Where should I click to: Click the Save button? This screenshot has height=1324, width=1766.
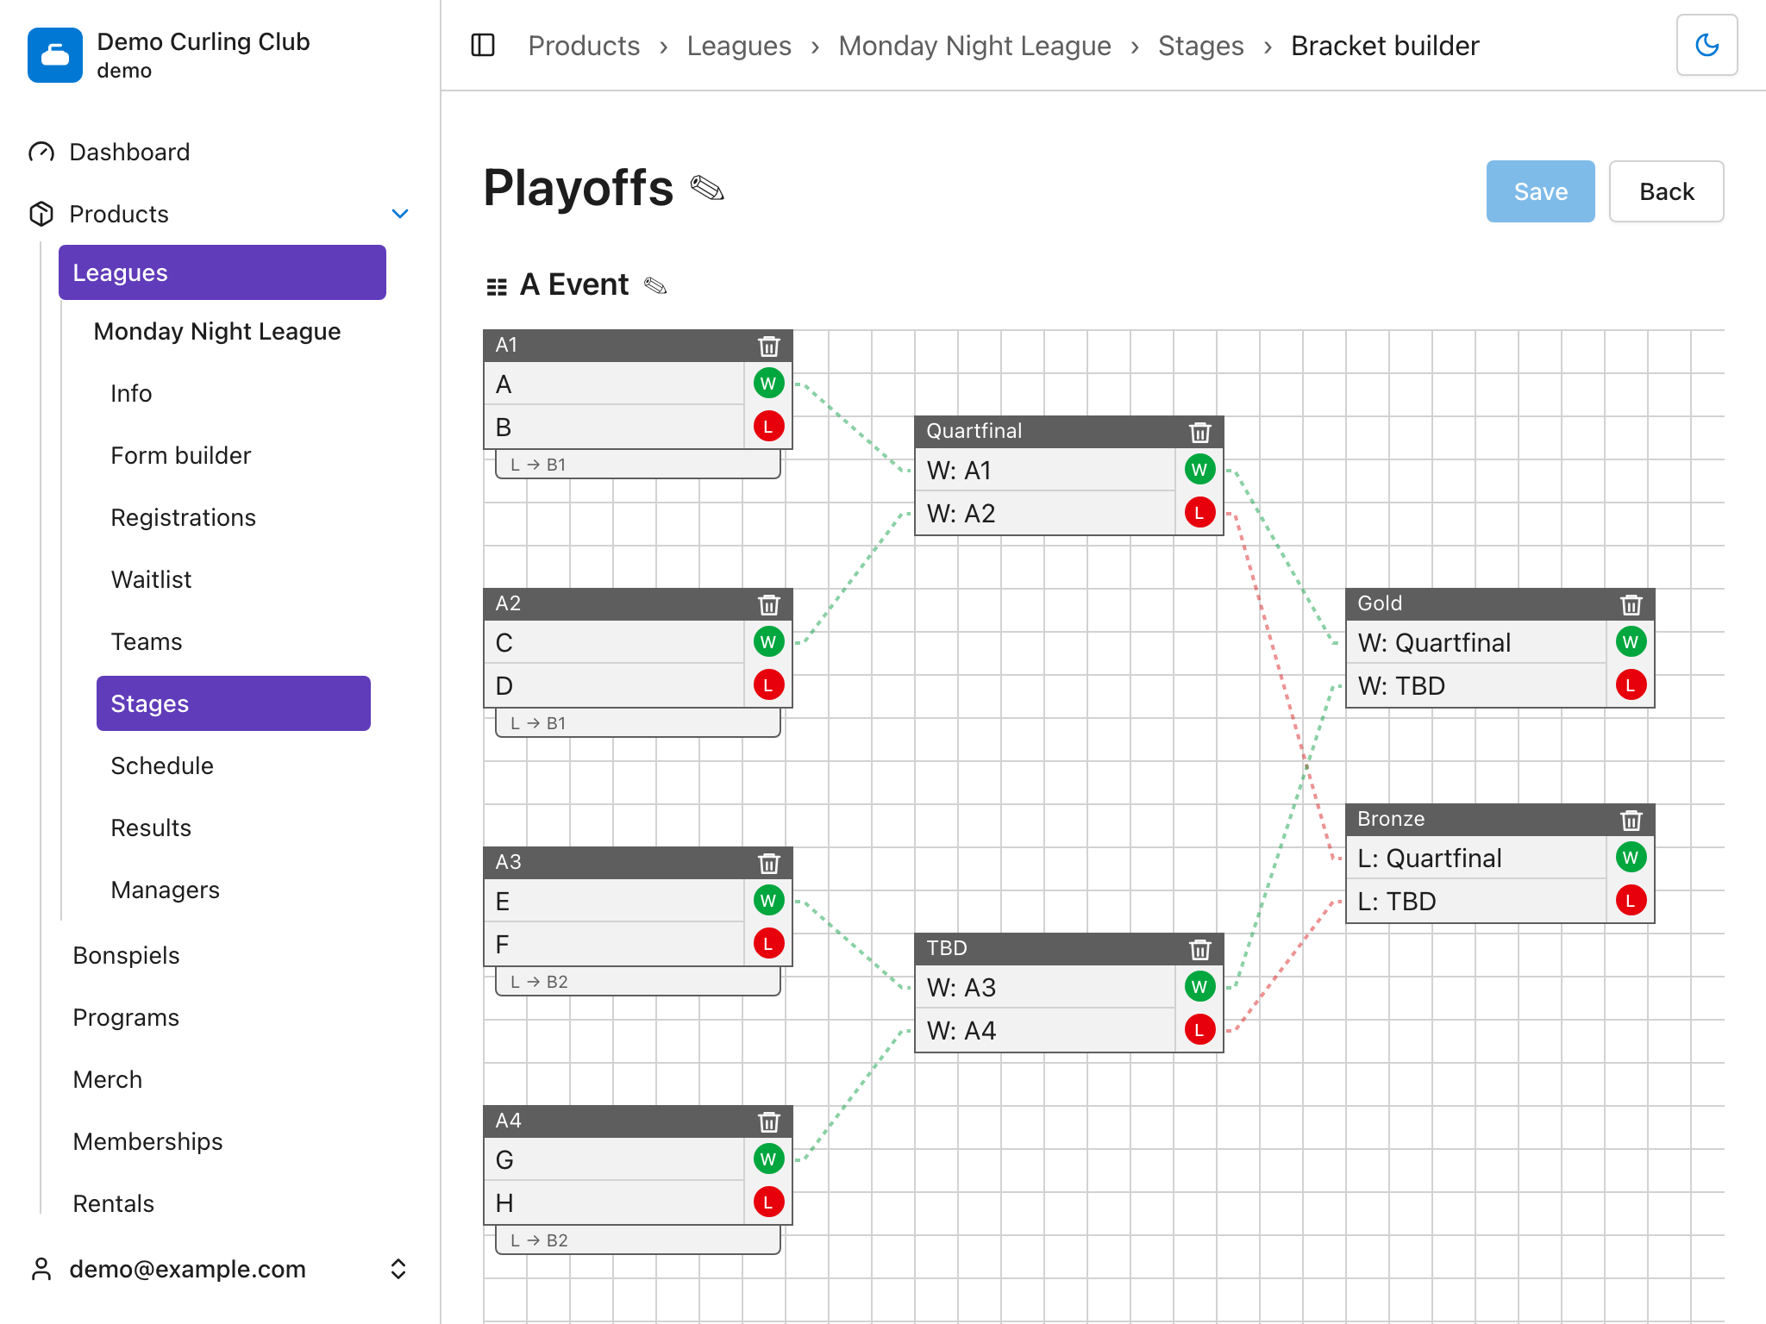(x=1540, y=191)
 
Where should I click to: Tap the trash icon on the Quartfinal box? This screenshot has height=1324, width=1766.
(x=1199, y=432)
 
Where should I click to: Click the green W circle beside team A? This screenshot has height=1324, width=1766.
(x=768, y=384)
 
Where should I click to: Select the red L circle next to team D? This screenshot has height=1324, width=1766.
(x=768, y=685)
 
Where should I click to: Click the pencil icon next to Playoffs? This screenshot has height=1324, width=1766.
(x=707, y=188)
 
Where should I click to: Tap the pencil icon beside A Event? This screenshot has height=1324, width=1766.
(x=655, y=285)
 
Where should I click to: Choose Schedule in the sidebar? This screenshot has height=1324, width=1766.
(x=162, y=765)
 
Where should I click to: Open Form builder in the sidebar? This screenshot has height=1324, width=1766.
(x=181, y=455)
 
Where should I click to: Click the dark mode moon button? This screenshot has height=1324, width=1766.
(x=1707, y=45)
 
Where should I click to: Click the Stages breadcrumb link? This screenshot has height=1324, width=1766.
(x=1200, y=46)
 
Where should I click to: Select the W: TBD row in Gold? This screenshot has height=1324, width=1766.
(x=1476, y=686)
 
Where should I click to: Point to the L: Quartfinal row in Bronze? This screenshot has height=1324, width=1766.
(x=1476, y=859)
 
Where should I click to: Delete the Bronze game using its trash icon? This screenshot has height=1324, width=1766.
(x=1631, y=820)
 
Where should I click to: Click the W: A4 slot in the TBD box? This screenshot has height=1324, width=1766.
(x=1045, y=1031)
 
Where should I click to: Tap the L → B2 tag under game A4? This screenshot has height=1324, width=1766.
(x=638, y=1240)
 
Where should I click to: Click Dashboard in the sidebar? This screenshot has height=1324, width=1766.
(x=129, y=152)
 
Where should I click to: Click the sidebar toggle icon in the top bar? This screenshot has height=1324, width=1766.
(x=483, y=45)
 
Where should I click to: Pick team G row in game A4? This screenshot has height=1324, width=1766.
(x=614, y=1160)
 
